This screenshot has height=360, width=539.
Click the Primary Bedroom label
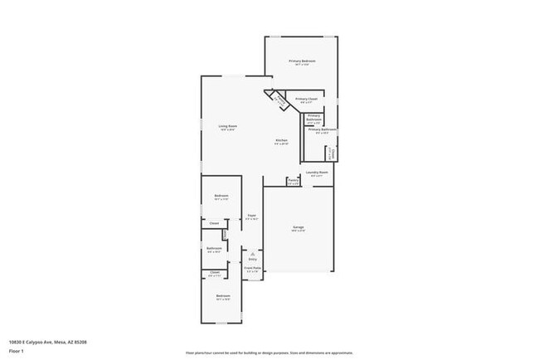302,61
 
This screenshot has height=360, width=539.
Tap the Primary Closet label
306,99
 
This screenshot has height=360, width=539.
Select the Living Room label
227,126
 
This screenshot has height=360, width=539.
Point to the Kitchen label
282,140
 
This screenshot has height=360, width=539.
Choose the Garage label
298,226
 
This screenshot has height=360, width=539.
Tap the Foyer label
251,216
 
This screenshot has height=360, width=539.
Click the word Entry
252,259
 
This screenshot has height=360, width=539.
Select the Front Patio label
252,268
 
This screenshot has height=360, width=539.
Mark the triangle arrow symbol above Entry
252,253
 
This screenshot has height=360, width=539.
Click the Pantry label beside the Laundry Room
293,180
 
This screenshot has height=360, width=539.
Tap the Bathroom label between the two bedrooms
214,248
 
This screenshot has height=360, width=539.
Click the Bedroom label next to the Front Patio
223,296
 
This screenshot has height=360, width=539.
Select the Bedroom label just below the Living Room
221,196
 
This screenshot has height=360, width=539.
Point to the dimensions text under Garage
298,231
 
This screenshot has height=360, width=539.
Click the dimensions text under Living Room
227,130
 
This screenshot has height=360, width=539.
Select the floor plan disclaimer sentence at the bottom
269,353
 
